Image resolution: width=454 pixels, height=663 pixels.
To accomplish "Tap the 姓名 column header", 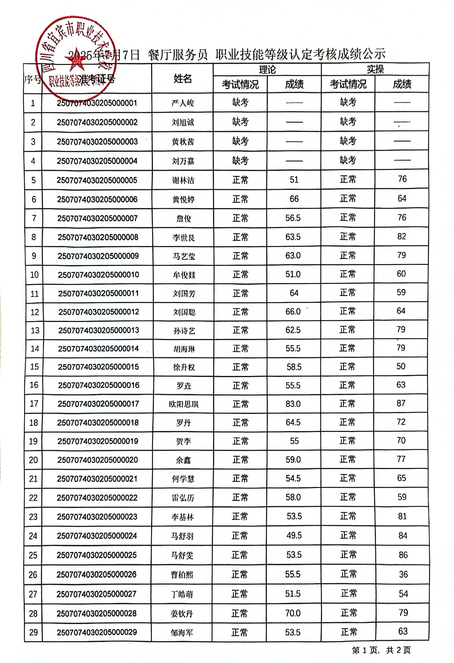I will coord(182,79).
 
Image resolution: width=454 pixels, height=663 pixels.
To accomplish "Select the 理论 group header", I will coord(267,70).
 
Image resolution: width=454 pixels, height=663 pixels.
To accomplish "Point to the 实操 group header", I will coord(375,69).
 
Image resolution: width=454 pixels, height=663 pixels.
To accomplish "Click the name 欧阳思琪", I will coord(183,404).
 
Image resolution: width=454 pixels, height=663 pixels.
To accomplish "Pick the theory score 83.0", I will coord(293,404).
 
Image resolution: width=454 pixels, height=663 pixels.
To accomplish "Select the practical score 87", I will coord(401,403).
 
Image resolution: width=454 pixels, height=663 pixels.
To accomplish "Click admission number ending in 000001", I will coord(97,103).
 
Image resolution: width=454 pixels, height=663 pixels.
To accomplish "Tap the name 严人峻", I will coord(183,103).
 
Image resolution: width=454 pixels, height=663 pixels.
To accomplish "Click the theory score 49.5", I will coord(294,535).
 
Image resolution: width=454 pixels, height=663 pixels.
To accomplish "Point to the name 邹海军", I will coord(182,633).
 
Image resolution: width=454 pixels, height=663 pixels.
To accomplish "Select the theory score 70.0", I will coord(293,613).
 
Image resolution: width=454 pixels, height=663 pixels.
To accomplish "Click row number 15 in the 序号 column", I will coord(34,367).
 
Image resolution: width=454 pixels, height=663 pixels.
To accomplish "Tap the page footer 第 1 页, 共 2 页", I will coord(381,650).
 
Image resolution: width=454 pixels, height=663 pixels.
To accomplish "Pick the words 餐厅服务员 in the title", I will coord(178,54).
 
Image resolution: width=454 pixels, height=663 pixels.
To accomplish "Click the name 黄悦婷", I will coord(183,199).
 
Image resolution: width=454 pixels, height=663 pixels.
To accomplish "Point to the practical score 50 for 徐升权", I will coord(401,366).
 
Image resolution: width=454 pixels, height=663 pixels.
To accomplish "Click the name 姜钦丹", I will coord(182,613).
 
